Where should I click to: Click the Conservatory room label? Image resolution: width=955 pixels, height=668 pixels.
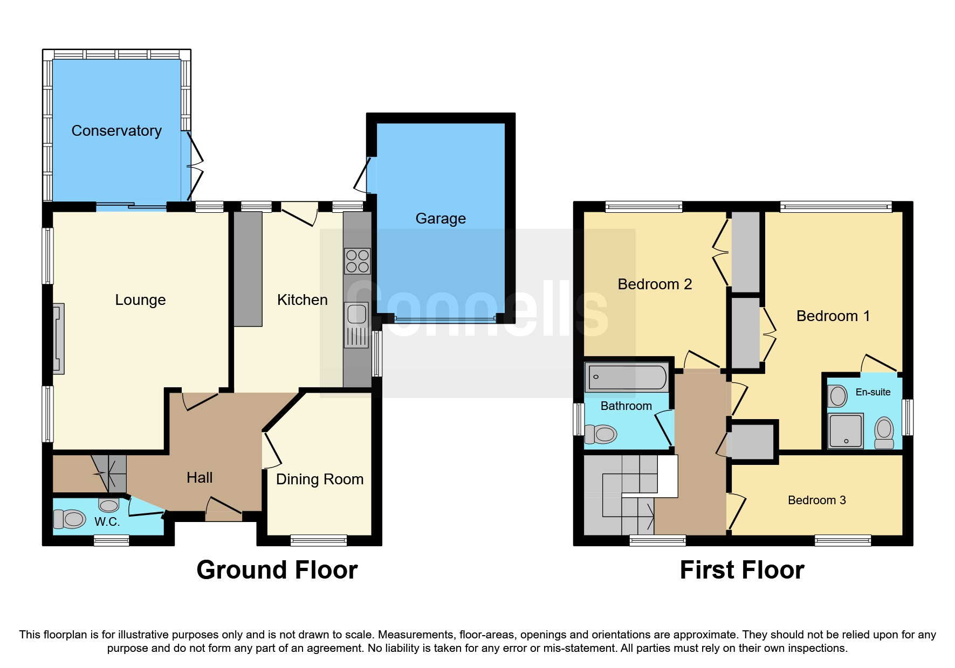tap(116, 131)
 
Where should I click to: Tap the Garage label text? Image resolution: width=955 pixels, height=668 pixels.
tap(440, 219)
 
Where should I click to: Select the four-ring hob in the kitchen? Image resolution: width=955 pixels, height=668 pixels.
tap(357, 261)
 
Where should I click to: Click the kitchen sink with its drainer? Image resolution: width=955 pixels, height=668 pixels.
tap(356, 325)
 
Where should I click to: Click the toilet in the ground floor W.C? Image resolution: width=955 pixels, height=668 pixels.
tap(70, 519)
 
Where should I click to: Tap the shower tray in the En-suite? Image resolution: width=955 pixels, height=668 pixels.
tap(846, 430)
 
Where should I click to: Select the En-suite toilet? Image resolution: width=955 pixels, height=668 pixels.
tap(884, 433)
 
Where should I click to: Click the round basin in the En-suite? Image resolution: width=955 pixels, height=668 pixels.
tap(838, 396)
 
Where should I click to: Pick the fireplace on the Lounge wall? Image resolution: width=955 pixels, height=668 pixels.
tap(59, 339)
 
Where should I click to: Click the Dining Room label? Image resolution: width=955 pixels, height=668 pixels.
tap(319, 479)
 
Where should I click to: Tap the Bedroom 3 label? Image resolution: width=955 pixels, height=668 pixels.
tap(816, 500)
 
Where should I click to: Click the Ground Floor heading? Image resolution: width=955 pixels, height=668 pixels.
tap(277, 570)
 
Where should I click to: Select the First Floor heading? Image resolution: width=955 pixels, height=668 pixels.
tap(741, 570)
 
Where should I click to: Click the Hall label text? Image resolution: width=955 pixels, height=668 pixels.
tap(200, 478)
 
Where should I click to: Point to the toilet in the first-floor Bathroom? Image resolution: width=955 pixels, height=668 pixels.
tap(601, 434)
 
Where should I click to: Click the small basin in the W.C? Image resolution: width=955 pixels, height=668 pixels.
tap(108, 505)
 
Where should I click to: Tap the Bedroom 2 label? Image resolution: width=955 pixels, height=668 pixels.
tap(654, 284)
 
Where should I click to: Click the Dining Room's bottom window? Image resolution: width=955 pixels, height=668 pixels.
tap(318, 540)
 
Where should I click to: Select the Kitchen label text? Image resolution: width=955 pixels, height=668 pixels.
tap(302, 300)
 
